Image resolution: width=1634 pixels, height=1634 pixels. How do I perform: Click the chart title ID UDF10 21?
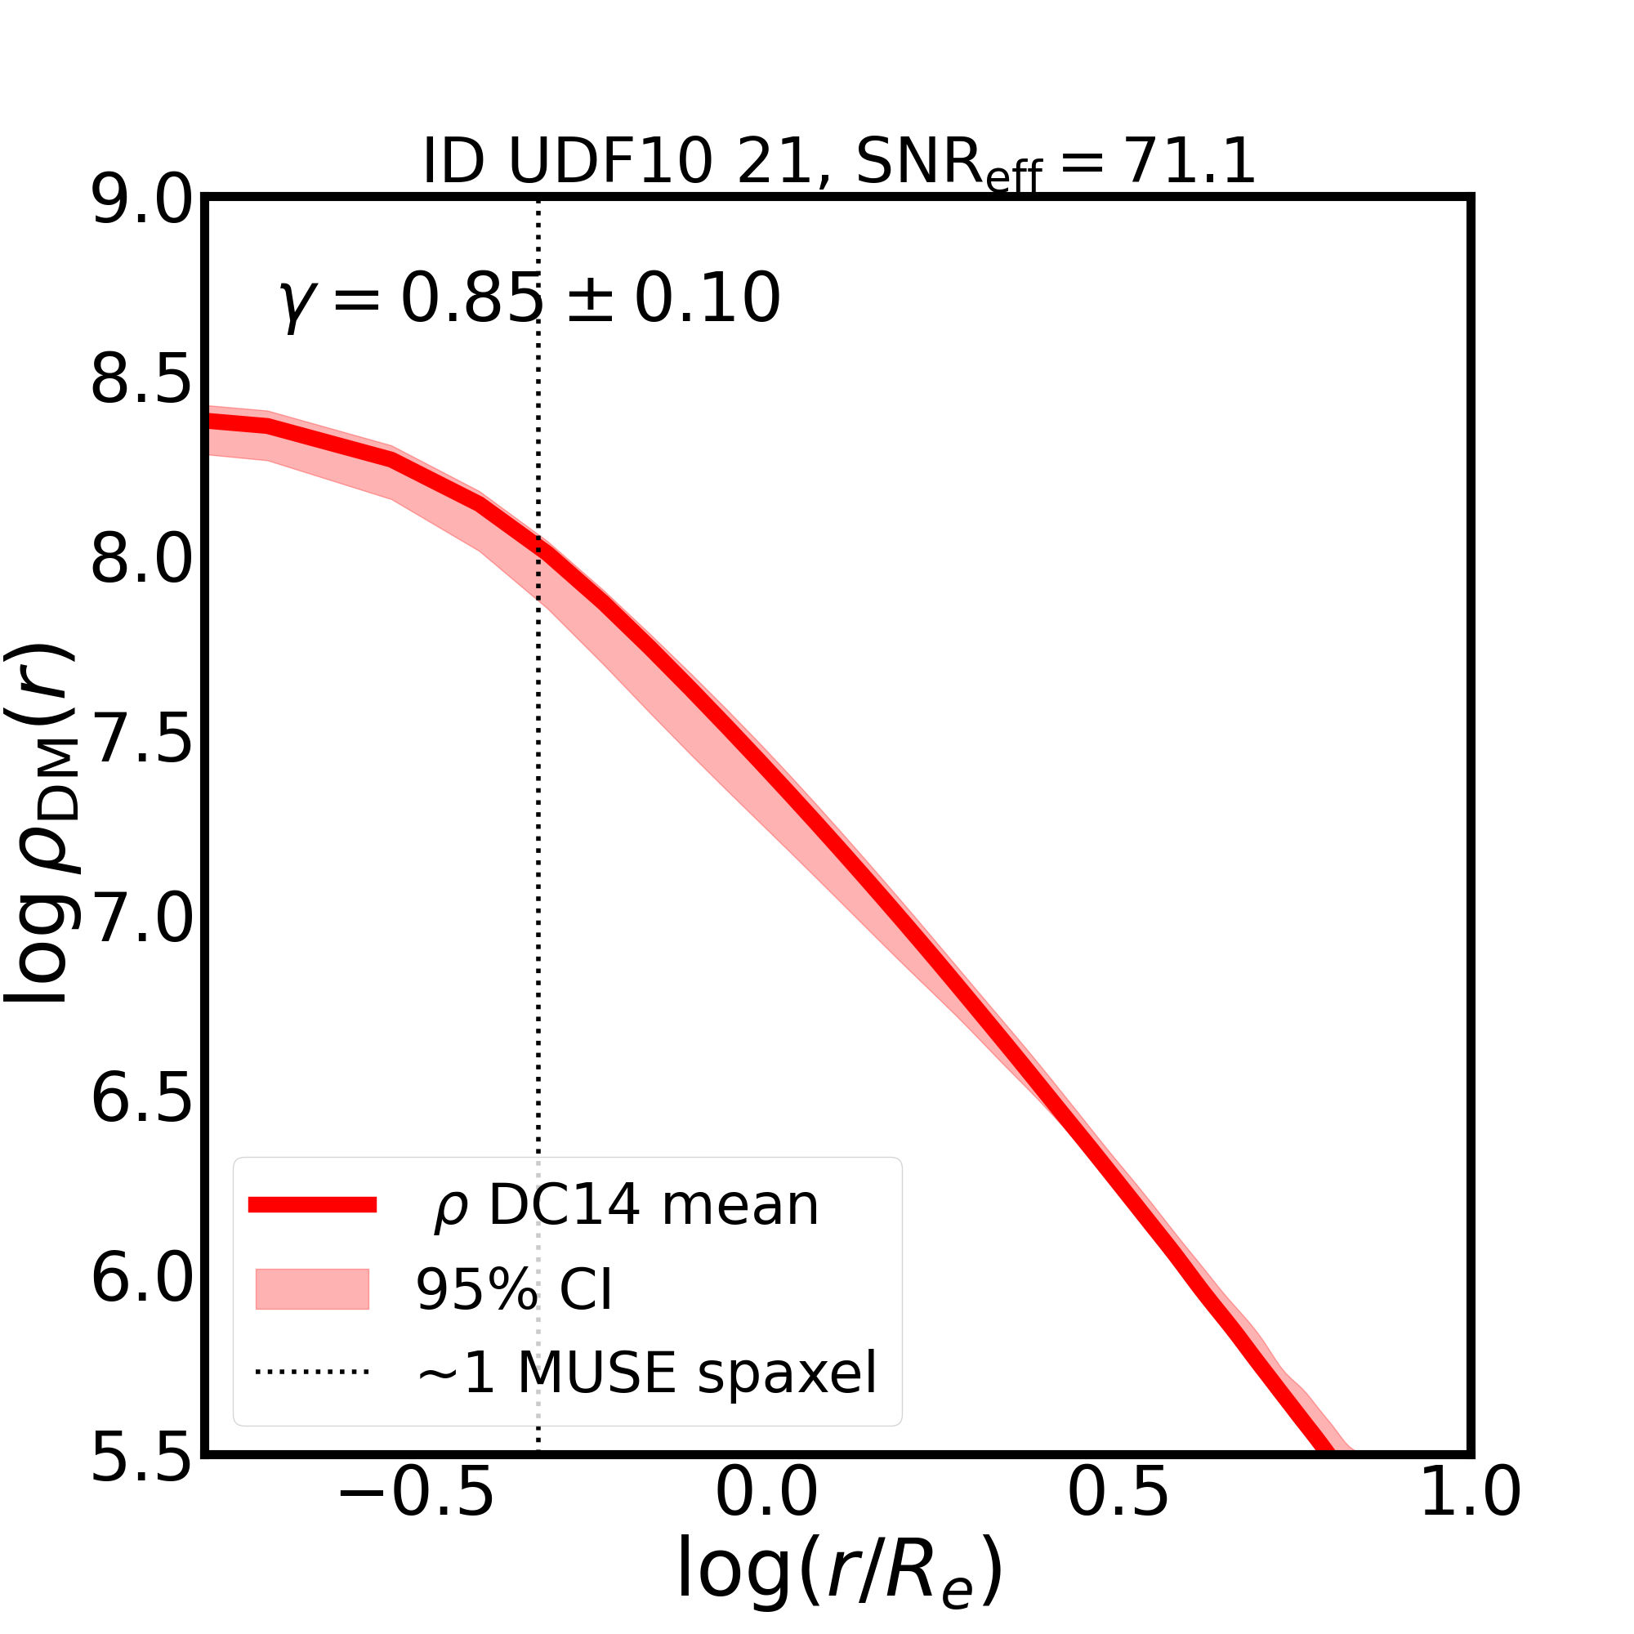tap(838, 162)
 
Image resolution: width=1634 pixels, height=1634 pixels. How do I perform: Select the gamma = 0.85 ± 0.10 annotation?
tap(529, 299)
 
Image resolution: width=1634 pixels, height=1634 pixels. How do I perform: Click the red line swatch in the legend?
tap(312, 1205)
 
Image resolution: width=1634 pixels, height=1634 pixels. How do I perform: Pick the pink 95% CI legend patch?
tap(312, 1289)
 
